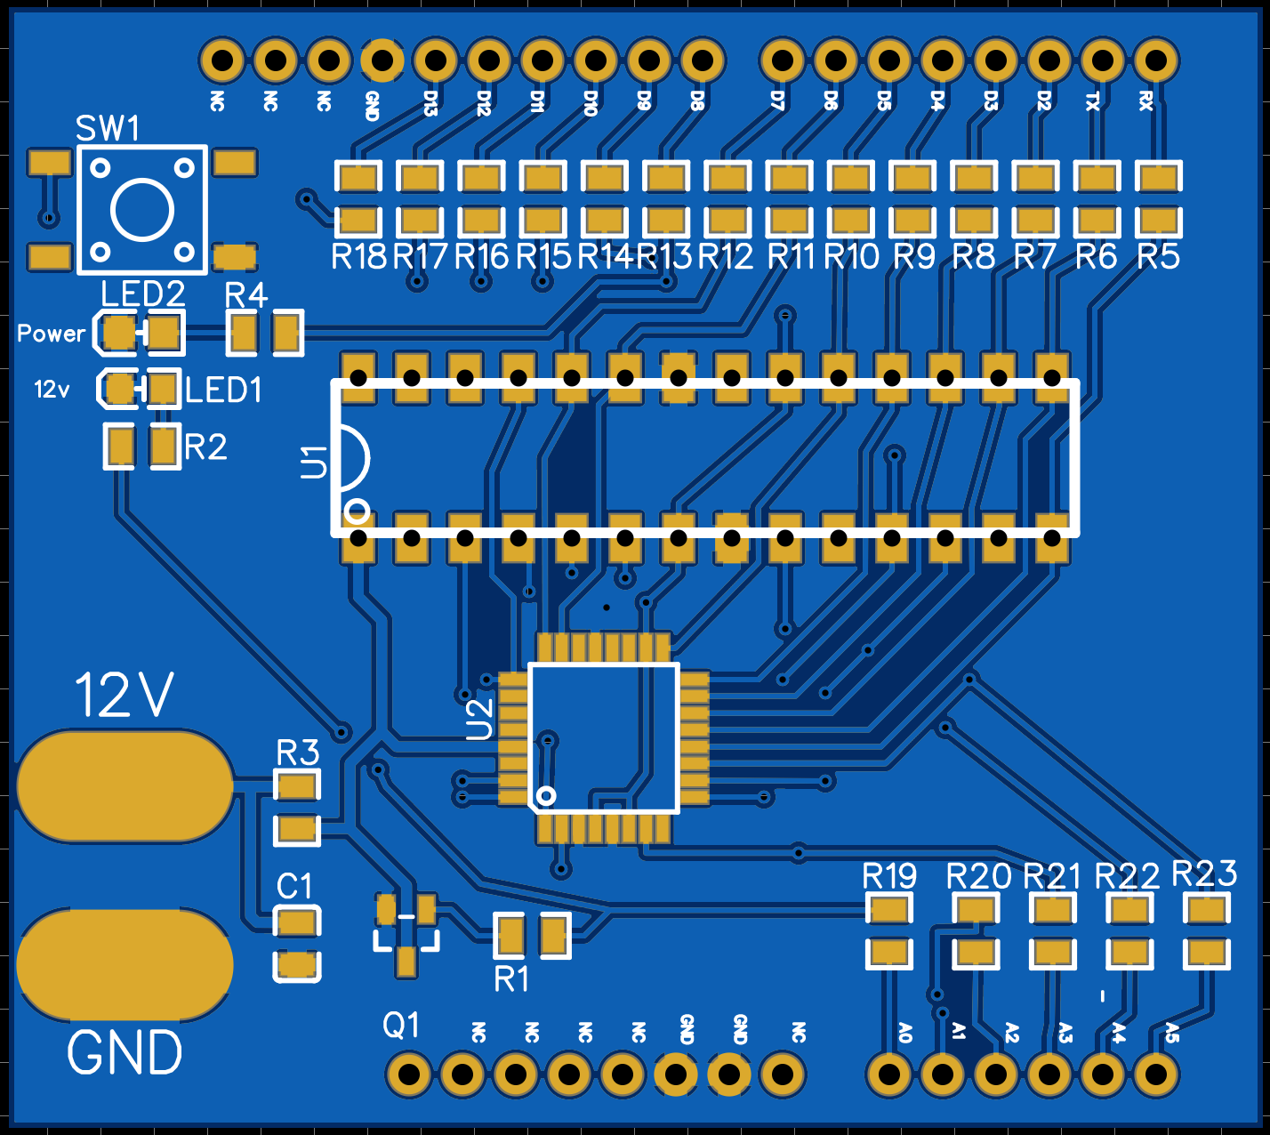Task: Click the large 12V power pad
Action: point(125,786)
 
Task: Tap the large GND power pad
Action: point(125,964)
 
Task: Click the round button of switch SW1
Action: point(141,210)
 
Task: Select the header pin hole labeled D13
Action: point(436,60)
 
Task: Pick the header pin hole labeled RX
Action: point(1156,60)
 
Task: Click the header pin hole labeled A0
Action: point(889,1075)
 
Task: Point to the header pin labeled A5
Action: point(1156,1075)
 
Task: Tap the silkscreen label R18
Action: point(359,257)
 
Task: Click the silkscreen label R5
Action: point(1158,257)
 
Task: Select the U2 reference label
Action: point(479,719)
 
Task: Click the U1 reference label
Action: point(313,463)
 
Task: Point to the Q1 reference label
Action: point(401,1026)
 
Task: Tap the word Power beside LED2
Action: point(52,334)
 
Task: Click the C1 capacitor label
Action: point(294,887)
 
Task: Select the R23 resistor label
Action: point(1204,873)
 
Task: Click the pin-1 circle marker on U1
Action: point(358,511)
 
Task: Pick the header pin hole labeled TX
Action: point(1103,60)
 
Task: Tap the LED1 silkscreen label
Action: point(223,390)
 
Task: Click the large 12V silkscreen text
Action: point(124,696)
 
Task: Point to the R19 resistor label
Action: point(889,876)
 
